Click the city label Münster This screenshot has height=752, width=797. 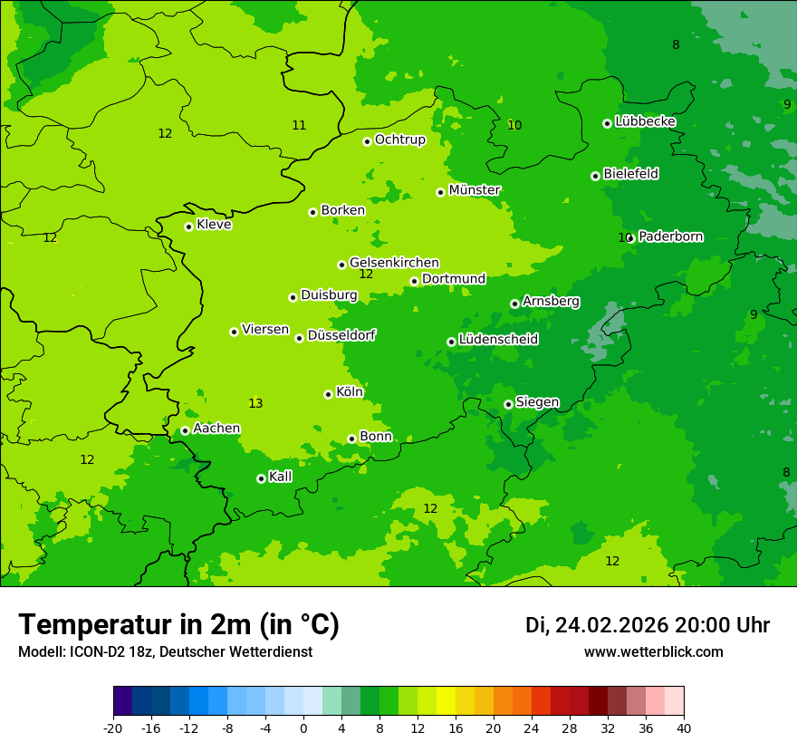pos(475,190)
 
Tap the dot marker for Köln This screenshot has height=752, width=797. pos(328,394)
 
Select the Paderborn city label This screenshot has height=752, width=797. pos(670,236)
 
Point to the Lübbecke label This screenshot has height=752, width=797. pos(645,121)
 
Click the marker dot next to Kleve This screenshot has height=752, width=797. pos(188,227)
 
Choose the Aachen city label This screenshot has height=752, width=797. pos(216,429)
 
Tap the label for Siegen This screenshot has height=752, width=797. pos(537,402)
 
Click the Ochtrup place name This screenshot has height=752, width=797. pos(399,140)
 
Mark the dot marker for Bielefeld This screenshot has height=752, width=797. pos(595,176)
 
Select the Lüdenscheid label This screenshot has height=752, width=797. pos(498,340)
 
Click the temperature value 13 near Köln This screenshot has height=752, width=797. pos(255,403)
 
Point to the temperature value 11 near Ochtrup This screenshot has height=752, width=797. pos(299,125)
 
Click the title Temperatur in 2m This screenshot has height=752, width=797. pos(178,625)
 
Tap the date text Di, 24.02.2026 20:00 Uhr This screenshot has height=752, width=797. pos(648,625)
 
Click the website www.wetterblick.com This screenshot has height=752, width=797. pos(653,652)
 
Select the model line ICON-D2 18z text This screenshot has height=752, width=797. pos(165,652)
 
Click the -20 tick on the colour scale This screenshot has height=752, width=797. pos(113,728)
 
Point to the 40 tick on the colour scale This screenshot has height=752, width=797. pos(683,728)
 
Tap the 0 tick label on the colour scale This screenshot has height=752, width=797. pos(303,728)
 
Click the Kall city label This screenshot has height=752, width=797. pos(280,477)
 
